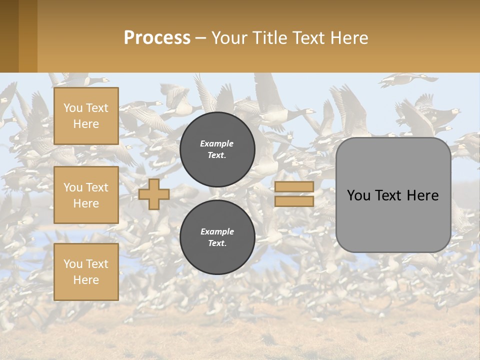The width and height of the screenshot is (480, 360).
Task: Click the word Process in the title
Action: (157, 38)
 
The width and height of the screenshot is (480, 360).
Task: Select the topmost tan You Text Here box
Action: (86, 116)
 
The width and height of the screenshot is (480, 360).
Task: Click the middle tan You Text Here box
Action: (86, 195)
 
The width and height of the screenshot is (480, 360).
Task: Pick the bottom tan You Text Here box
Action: (86, 272)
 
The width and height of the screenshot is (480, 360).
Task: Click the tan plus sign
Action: (154, 194)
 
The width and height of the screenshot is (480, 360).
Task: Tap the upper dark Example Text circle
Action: (217, 149)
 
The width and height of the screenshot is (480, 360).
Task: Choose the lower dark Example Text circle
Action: (217, 237)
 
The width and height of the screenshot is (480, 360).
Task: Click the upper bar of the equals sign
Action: (294, 187)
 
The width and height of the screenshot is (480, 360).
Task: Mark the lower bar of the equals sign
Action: (294, 201)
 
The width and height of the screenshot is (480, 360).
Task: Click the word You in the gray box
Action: (358, 195)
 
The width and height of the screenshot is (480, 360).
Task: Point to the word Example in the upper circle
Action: (216, 143)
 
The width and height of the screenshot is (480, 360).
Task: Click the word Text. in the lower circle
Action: (217, 243)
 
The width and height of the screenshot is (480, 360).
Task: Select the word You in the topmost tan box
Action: (73, 108)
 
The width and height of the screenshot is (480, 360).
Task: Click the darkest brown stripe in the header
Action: (9, 36)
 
